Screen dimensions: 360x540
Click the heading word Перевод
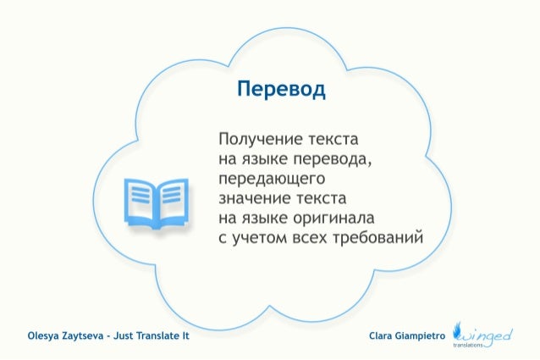pyautogui.click(x=280, y=91)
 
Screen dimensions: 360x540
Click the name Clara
pyautogui.click(x=384, y=335)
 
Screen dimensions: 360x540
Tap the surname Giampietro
pyautogui.click(x=424, y=335)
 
